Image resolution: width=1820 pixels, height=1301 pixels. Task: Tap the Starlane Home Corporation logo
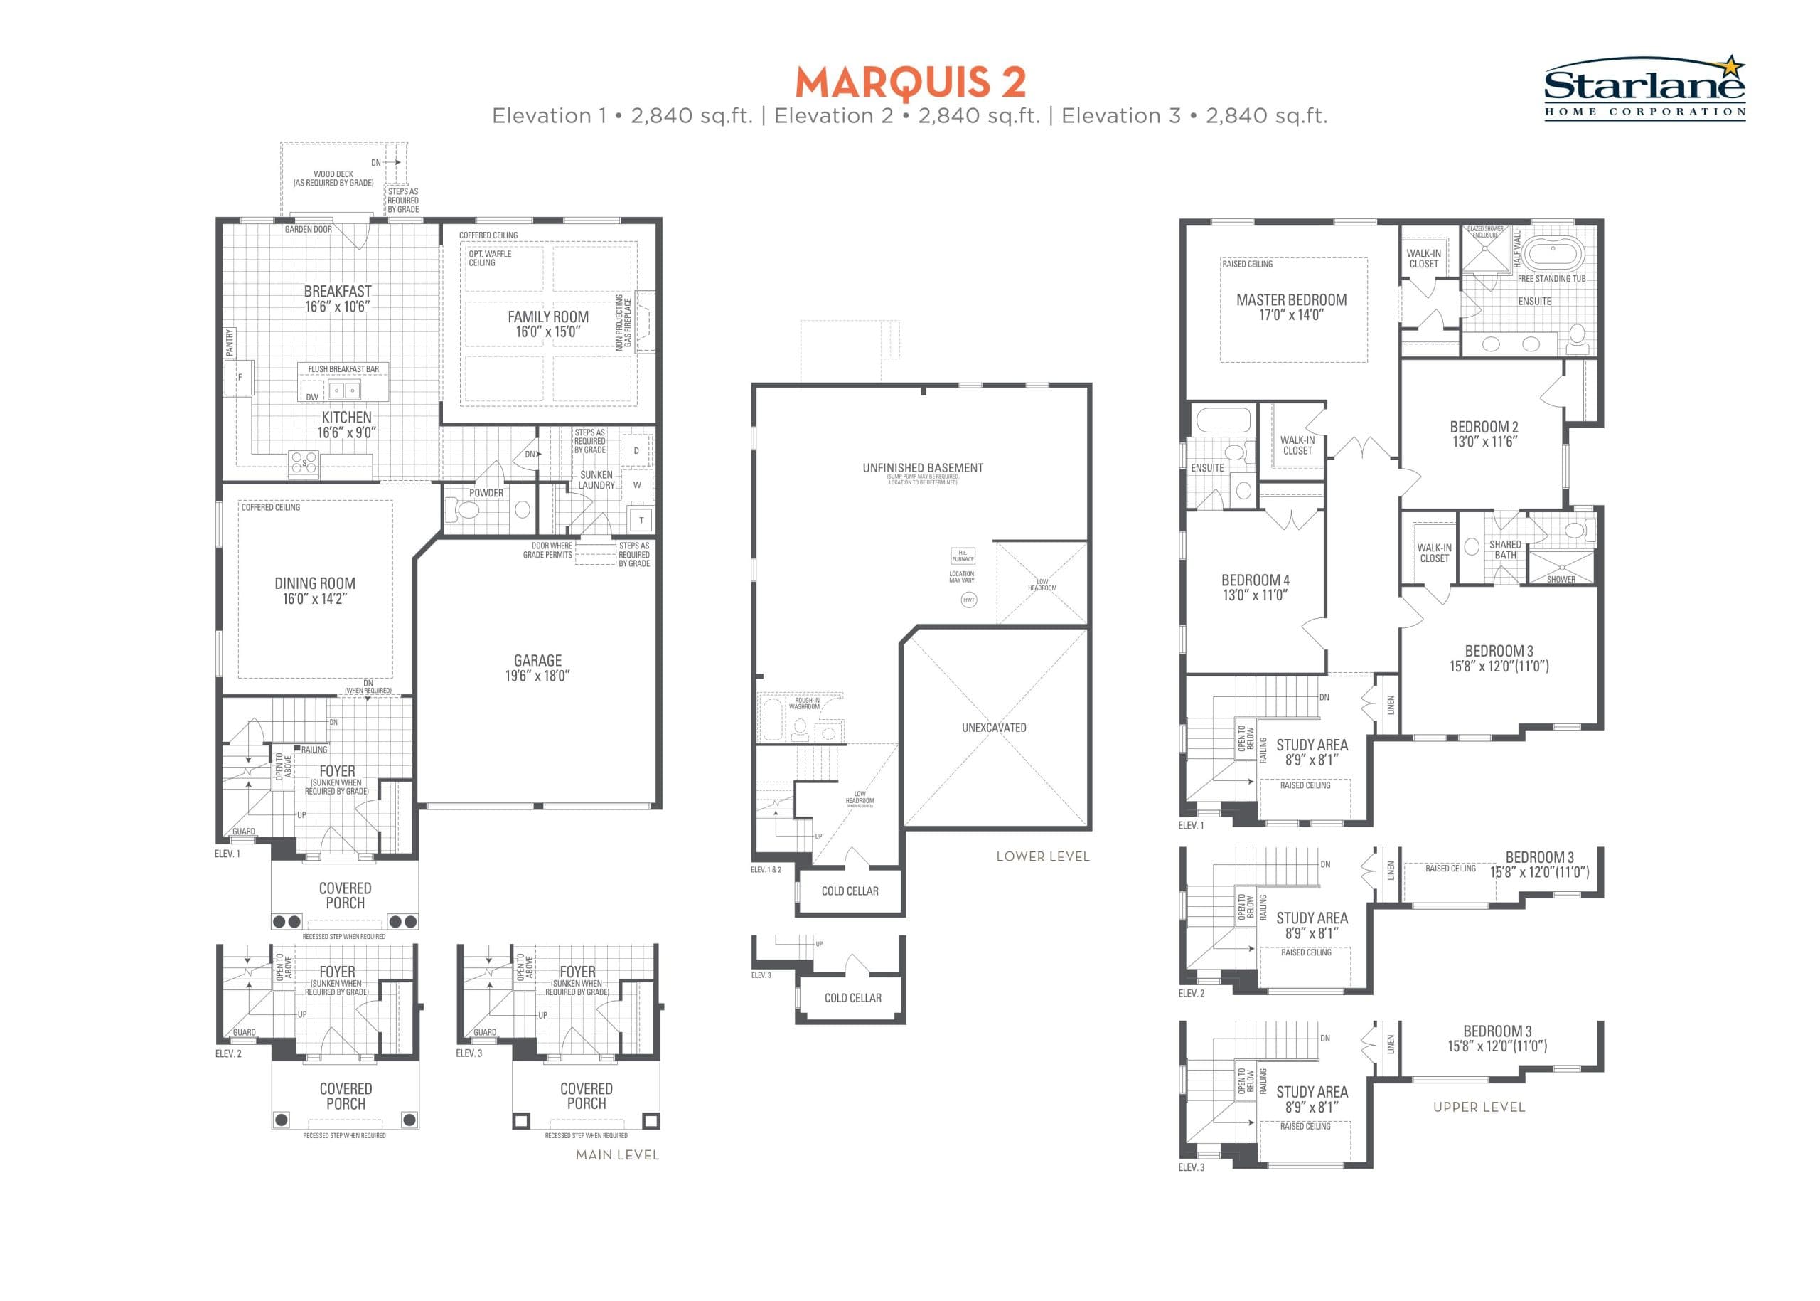coord(1644,88)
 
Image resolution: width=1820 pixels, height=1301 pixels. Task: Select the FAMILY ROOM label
coord(547,317)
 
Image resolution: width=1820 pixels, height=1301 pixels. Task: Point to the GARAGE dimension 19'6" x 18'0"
coord(537,675)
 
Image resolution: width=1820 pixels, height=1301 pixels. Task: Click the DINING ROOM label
coord(315,584)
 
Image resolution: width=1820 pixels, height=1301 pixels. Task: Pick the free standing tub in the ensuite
coord(1552,255)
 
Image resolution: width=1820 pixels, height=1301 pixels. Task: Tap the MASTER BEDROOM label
coord(1291,300)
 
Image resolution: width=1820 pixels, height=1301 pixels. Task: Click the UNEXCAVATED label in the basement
coord(994,728)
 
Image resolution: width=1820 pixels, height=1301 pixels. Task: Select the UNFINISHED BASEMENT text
coord(922,468)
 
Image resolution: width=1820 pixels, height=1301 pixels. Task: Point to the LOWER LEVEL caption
coord(1042,856)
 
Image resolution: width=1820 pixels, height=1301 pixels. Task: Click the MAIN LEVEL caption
coord(617,1154)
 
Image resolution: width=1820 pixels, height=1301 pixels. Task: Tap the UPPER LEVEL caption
coord(1478,1107)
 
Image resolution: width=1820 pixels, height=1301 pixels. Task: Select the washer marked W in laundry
coord(638,484)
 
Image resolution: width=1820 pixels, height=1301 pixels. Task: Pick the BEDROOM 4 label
coord(1255,580)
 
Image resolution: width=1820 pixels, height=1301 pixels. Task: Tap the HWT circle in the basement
coord(969,599)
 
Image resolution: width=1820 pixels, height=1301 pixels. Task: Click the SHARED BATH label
coord(1504,550)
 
